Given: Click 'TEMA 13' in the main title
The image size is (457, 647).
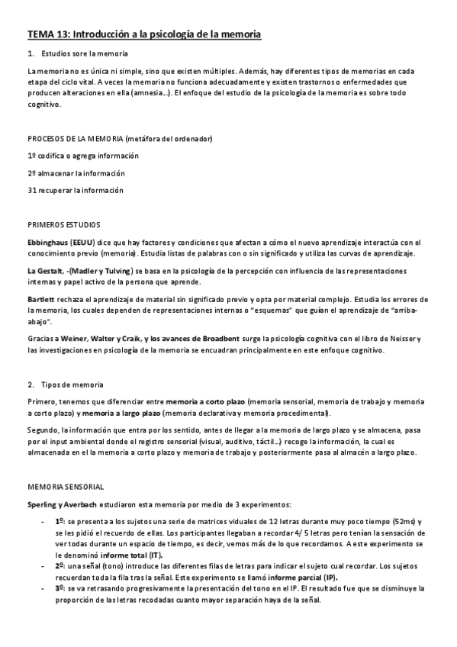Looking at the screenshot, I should (48, 34).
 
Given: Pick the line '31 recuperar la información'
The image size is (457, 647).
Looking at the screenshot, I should (75, 191).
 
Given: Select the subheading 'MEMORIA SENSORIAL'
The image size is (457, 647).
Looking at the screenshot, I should (66, 486).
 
